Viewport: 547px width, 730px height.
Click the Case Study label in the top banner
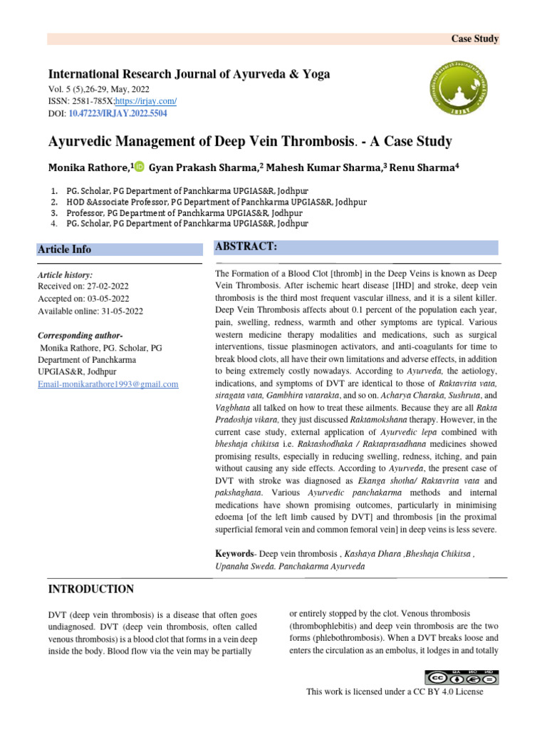tap(475, 39)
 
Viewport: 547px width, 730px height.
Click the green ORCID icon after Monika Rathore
tap(138, 167)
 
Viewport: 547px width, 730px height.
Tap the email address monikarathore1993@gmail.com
tap(108, 384)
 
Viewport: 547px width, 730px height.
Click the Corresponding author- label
tap(80, 335)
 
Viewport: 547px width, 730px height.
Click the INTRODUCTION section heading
tap(90, 589)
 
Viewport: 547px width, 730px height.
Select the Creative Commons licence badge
tap(462, 677)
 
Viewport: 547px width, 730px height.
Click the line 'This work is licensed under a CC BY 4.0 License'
tap(395, 692)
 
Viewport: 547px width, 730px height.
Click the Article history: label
tap(65, 274)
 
